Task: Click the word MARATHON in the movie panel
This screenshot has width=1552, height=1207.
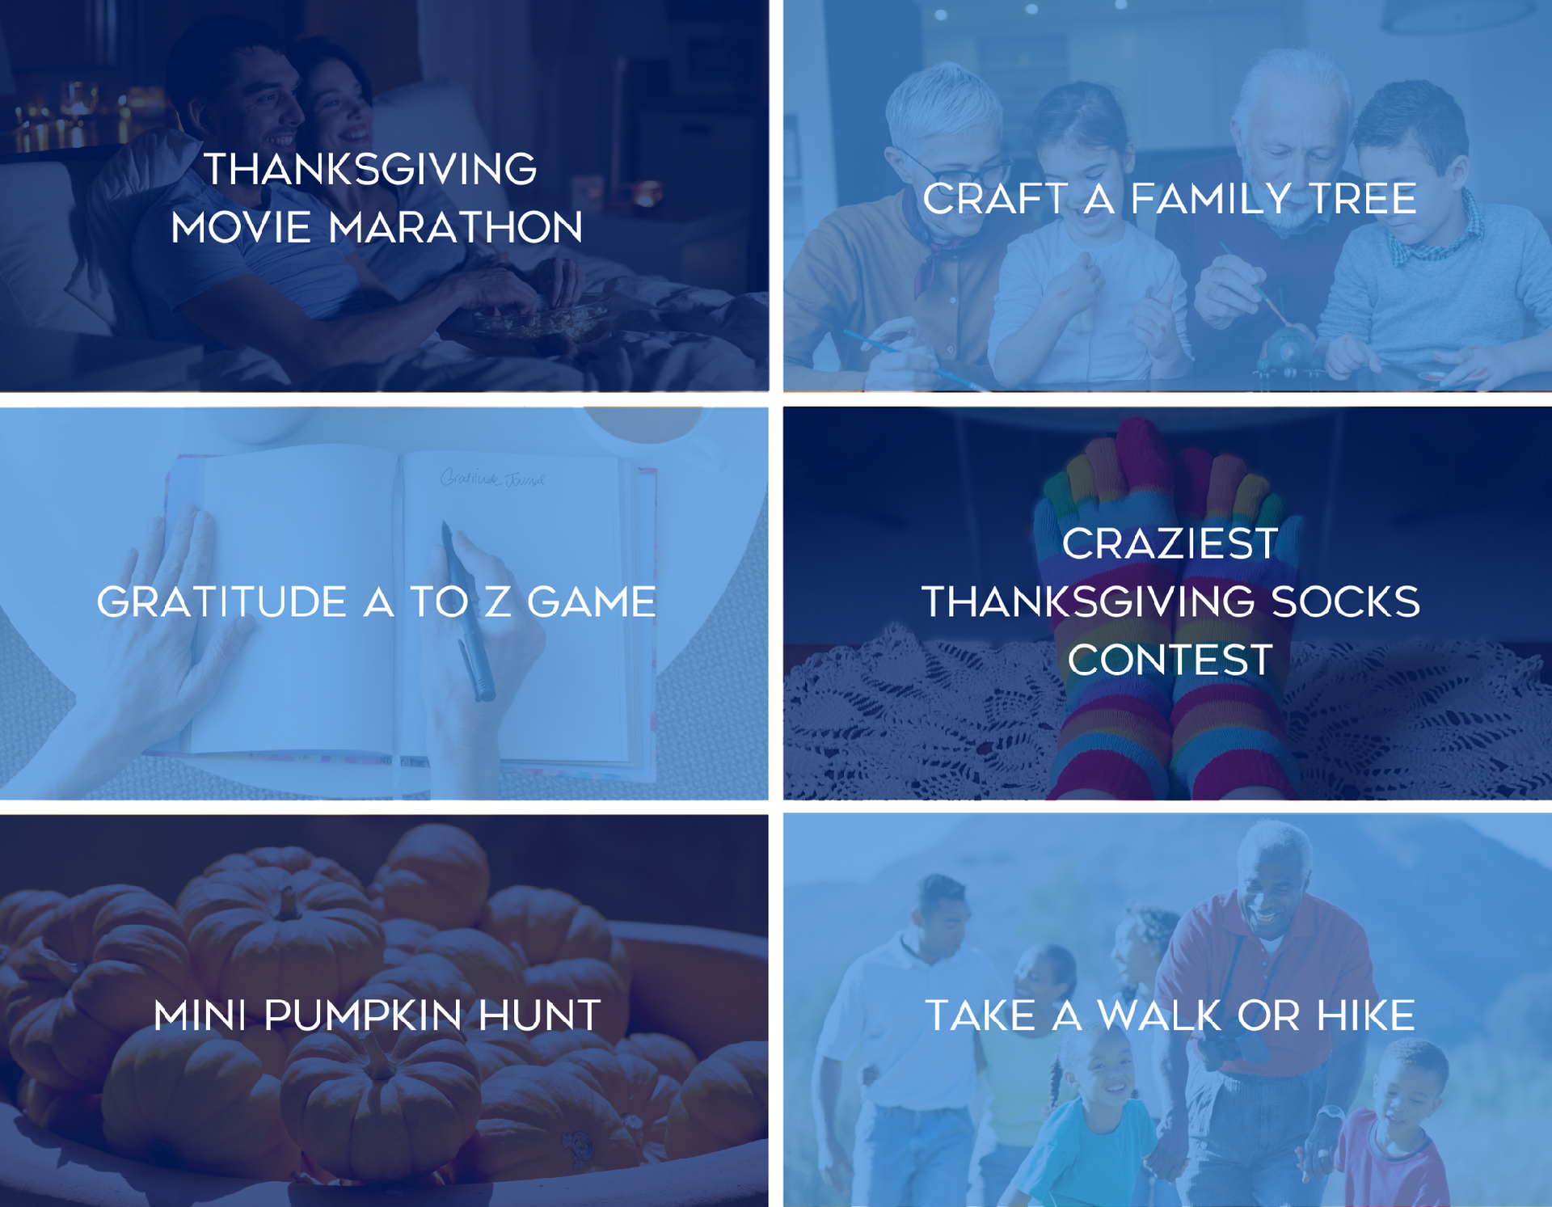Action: (x=455, y=227)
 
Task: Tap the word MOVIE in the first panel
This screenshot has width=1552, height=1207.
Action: (x=241, y=227)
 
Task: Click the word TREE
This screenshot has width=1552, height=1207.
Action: (x=1362, y=199)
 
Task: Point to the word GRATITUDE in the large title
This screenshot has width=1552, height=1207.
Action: (x=221, y=602)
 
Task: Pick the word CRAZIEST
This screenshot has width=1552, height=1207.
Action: (x=1170, y=543)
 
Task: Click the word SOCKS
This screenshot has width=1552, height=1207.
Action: (x=1346, y=602)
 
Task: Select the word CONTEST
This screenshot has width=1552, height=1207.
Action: (x=1170, y=660)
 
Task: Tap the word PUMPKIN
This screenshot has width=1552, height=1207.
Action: (x=363, y=1015)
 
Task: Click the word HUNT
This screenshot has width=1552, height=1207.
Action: (x=539, y=1015)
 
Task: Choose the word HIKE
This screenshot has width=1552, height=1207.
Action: (x=1366, y=1015)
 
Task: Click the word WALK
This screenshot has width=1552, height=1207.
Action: (x=1159, y=1015)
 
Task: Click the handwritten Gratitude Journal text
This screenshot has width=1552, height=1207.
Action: (x=492, y=479)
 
